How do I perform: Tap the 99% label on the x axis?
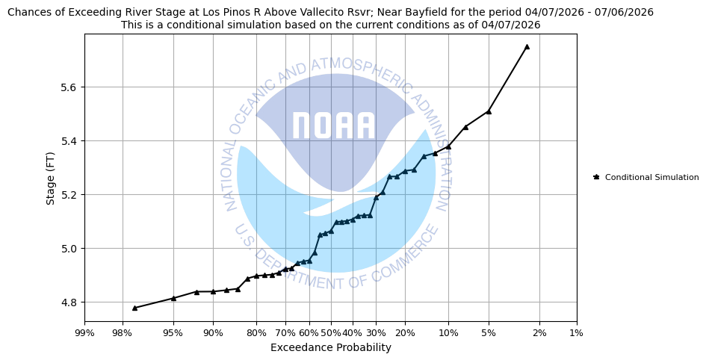click(x=84, y=333)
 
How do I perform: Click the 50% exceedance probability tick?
click(x=331, y=333)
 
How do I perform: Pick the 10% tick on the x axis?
click(x=448, y=333)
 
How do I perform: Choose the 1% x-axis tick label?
click(x=577, y=333)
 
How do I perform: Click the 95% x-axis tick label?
click(x=173, y=333)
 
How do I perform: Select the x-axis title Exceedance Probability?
click(x=330, y=347)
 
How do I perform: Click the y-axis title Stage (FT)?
click(x=51, y=178)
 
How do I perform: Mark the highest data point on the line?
click(x=527, y=46)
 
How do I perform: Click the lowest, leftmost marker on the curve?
click(x=134, y=308)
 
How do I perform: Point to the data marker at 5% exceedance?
click(x=489, y=111)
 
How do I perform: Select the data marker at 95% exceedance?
click(x=173, y=298)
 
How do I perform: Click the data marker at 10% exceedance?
click(x=448, y=146)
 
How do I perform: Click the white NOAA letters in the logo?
click(x=333, y=125)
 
